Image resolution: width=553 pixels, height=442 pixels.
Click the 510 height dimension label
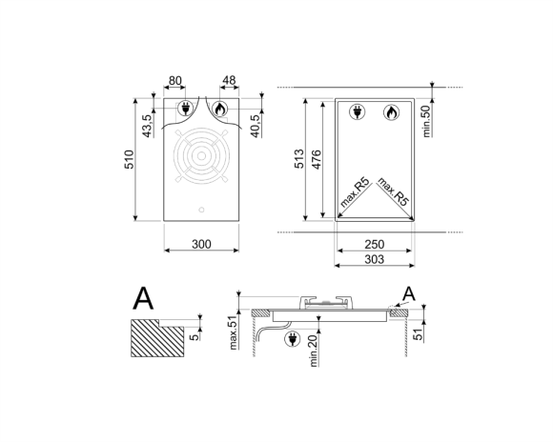tap(130, 159)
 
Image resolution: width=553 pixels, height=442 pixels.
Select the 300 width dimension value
tap(201, 244)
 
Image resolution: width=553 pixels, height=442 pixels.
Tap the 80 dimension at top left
tap(174, 81)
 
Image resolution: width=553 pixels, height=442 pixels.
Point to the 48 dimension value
tap(229, 80)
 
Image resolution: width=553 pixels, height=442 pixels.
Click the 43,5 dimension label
tap(148, 126)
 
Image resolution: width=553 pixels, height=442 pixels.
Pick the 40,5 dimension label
tap(256, 126)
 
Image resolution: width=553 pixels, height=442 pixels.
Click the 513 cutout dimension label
tap(299, 159)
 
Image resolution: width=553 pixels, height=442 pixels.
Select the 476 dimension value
tap(317, 159)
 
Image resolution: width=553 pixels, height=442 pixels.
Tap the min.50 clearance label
tap(426, 121)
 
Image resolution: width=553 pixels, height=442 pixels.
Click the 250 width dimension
tap(374, 244)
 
